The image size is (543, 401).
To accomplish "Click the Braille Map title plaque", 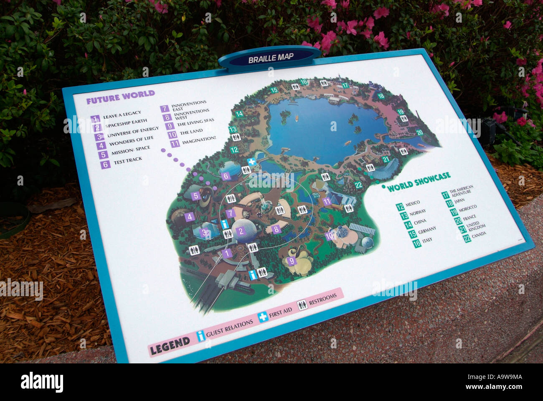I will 270,58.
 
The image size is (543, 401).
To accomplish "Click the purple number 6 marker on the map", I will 226,176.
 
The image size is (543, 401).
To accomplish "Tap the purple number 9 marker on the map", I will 291,261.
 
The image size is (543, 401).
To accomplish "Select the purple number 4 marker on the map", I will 190,216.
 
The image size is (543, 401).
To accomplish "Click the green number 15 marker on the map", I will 274,90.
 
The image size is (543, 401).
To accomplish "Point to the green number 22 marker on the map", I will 358,185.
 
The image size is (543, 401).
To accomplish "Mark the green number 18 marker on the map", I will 381,96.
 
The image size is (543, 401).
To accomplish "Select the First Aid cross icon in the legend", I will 263,317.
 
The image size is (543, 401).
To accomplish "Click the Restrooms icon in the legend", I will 302,305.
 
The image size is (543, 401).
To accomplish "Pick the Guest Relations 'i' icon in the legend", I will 201,335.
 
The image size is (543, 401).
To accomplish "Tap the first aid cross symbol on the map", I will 251,162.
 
